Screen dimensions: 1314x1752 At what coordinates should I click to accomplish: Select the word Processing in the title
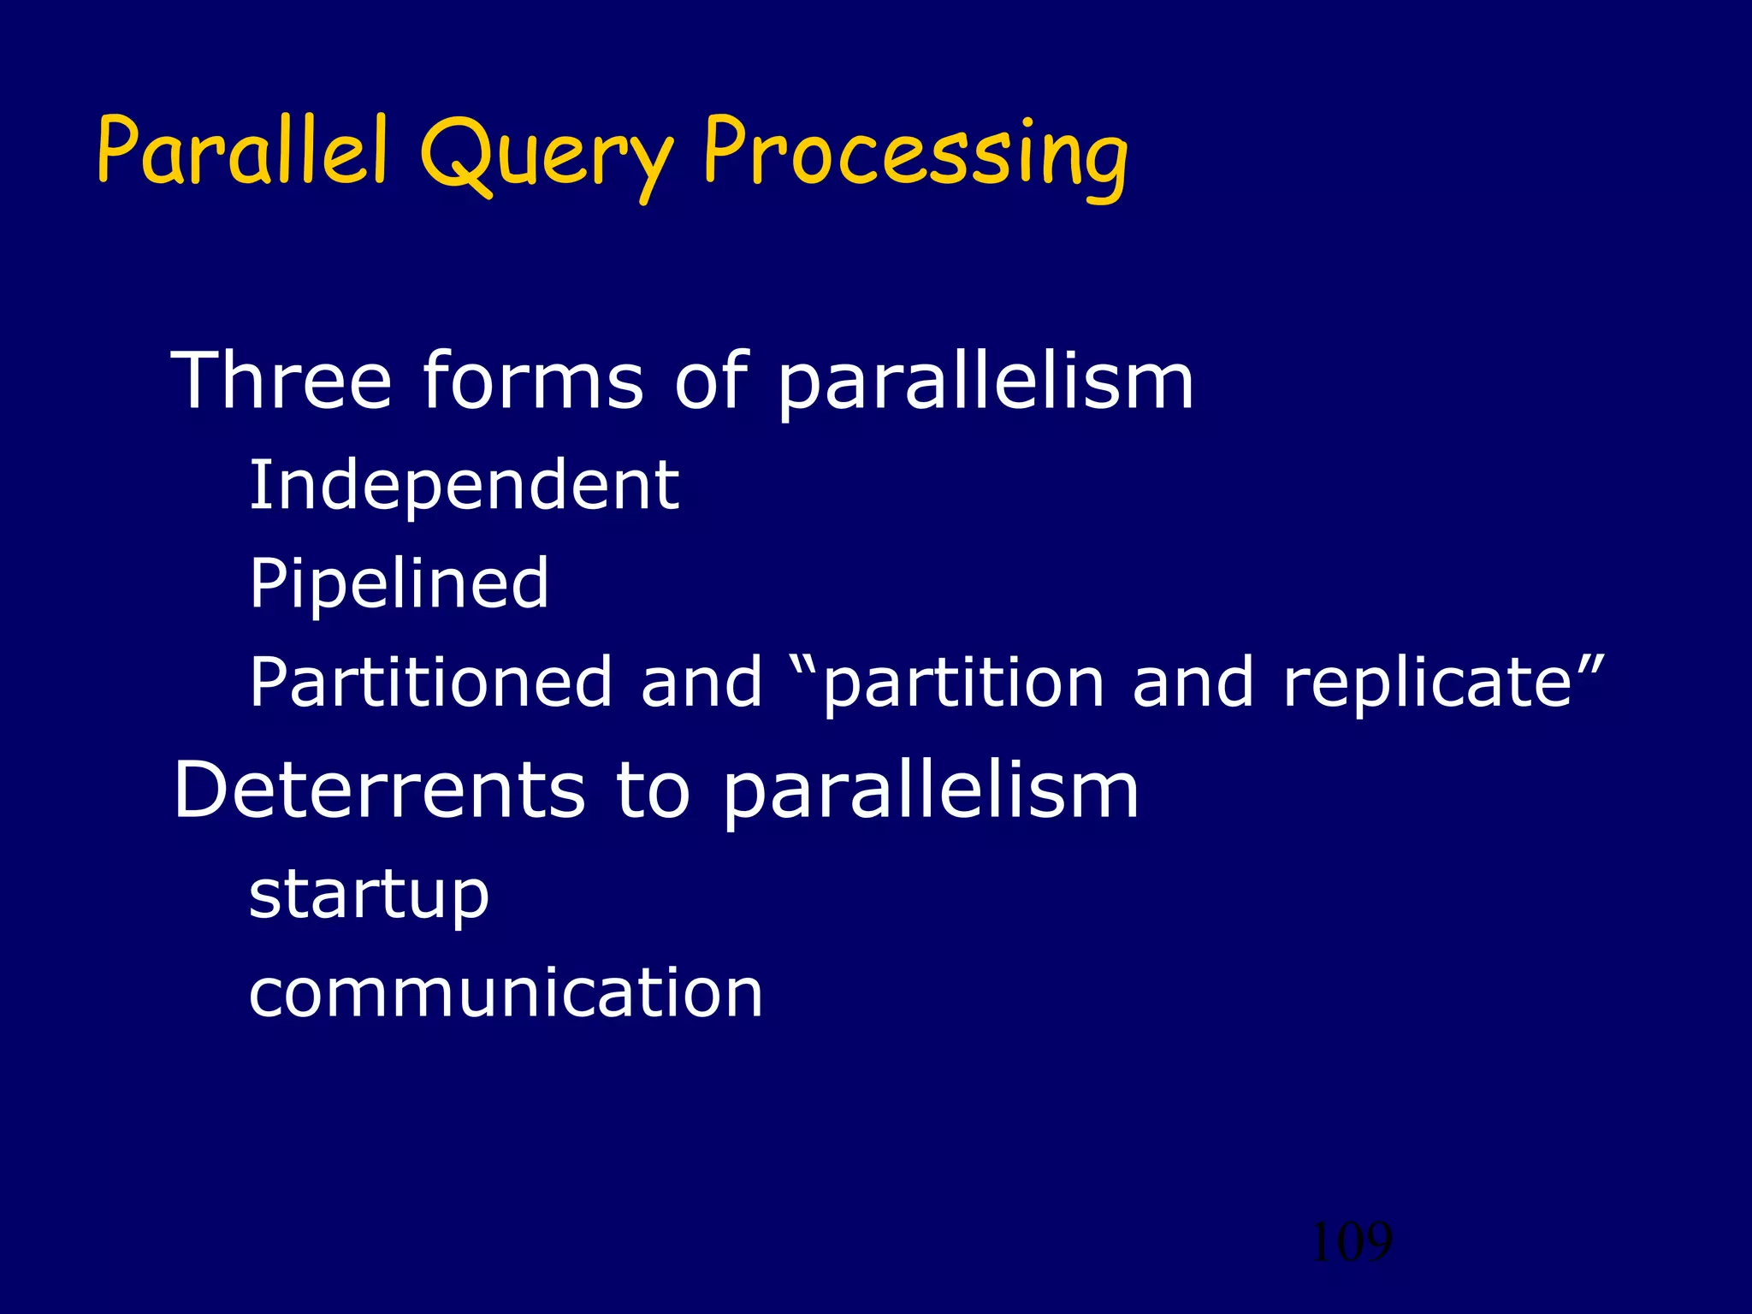914,154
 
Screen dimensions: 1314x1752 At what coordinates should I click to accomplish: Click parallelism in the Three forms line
985,382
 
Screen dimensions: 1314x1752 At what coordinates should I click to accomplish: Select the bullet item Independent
464,485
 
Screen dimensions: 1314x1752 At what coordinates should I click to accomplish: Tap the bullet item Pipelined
399,584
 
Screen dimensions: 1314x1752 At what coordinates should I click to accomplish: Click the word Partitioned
430,682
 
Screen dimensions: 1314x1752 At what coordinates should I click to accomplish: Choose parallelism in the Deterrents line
930,792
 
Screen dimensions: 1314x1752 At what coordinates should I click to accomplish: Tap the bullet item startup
369,896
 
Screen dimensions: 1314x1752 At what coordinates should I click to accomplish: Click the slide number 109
1351,1242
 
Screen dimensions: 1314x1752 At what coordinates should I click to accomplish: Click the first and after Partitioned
701,682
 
